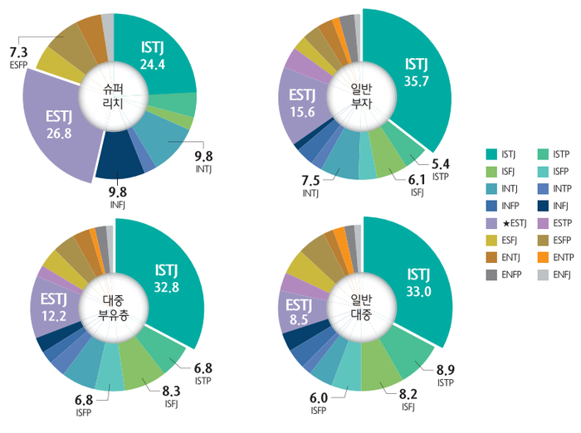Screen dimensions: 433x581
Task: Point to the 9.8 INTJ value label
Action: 203,155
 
